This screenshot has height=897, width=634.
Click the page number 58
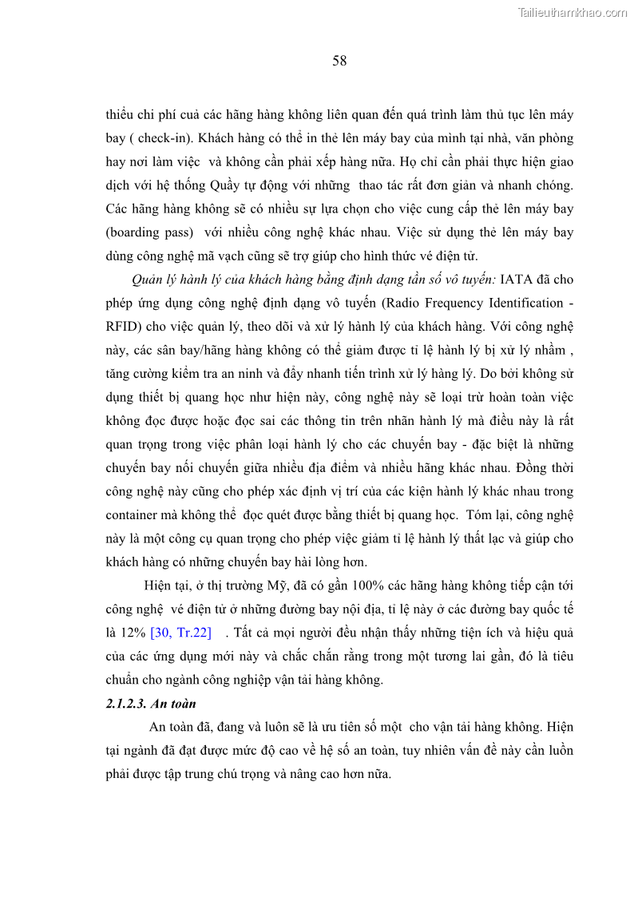[339, 62]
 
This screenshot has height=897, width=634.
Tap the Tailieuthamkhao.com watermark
[573, 12]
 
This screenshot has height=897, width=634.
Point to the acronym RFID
[121, 327]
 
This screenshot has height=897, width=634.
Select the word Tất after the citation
[244, 633]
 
